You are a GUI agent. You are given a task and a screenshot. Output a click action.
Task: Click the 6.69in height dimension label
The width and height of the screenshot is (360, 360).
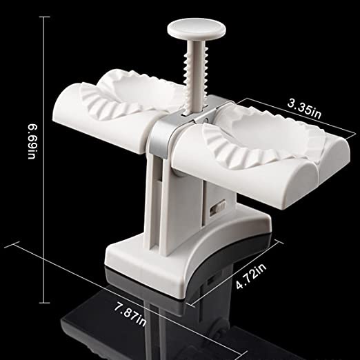coord(32,141)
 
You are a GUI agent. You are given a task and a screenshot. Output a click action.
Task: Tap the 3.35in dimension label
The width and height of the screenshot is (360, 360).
coord(304,109)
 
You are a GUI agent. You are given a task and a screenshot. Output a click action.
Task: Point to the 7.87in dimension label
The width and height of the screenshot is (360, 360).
coord(130,314)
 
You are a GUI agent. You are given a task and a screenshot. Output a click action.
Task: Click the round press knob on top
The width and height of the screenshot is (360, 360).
coord(197,29)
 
